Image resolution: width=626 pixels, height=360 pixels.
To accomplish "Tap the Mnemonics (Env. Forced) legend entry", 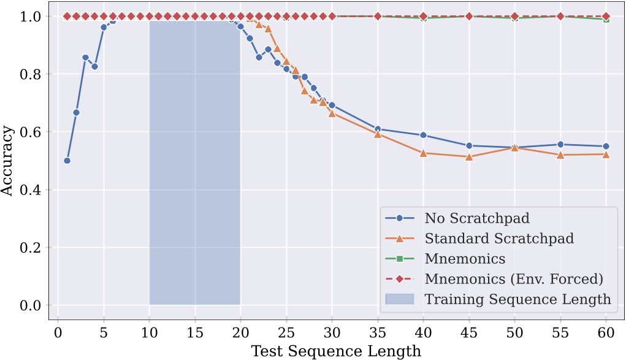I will [514, 279].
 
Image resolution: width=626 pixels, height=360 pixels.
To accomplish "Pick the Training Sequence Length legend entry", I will [517, 299].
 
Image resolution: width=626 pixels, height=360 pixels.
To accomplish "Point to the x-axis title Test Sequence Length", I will [335, 351].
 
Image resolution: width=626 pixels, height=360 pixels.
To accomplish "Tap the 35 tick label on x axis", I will [378, 332].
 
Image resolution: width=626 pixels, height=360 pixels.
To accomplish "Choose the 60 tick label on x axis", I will [606, 332].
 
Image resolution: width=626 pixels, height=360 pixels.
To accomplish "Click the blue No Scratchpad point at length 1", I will [67, 161].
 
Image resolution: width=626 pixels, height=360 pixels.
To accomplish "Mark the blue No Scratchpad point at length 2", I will [76, 112].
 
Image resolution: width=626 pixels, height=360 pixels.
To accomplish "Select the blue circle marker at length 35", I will [378, 129].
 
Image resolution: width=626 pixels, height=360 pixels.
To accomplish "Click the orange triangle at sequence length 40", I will [423, 153].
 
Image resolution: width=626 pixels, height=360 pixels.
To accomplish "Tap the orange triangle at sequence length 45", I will [469, 156].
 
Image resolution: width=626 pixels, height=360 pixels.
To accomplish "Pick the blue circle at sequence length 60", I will [606, 146].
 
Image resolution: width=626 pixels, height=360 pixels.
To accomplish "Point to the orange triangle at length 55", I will [560, 155].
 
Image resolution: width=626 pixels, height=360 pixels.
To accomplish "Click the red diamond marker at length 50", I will [514, 17].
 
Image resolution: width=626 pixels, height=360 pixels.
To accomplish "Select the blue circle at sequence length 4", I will [94, 66].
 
